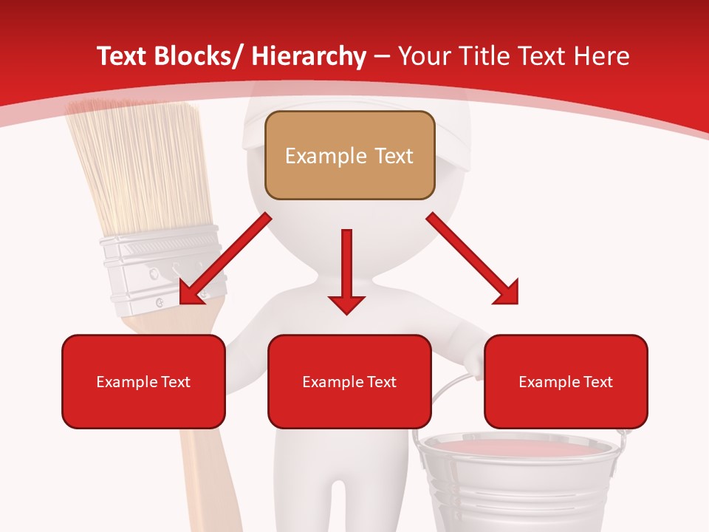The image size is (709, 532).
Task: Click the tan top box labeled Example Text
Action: [x=349, y=155]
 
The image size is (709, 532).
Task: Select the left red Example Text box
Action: [x=143, y=381]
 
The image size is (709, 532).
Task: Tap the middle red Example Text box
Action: [x=349, y=381]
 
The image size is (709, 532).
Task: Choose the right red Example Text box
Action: [x=566, y=381]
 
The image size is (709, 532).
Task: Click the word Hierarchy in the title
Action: [x=308, y=56]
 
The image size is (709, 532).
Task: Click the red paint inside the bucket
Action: [x=517, y=449]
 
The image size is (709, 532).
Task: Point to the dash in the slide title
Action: [x=382, y=57]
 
